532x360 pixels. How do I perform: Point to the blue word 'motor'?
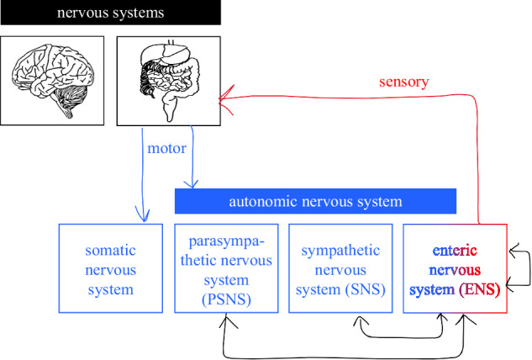point(166,148)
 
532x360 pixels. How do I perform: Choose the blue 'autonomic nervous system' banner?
point(315,201)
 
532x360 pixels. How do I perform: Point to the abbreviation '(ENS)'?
point(480,290)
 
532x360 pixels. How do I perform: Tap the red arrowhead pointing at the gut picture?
point(224,99)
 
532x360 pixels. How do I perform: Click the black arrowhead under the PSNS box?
point(225,321)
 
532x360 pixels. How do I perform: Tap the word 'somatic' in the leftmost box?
point(110,251)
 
